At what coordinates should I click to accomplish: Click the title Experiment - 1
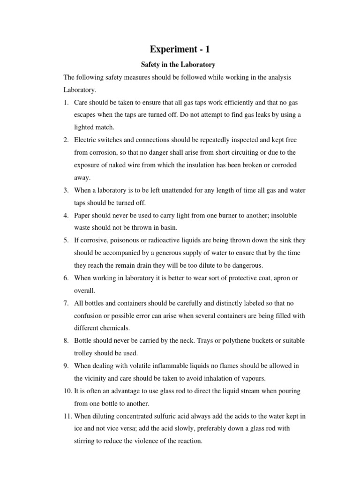[180, 49]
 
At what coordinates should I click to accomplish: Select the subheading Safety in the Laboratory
[180, 65]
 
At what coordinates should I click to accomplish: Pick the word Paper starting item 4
[82, 215]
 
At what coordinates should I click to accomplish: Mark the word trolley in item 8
[84, 353]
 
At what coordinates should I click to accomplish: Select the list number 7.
[66, 303]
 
